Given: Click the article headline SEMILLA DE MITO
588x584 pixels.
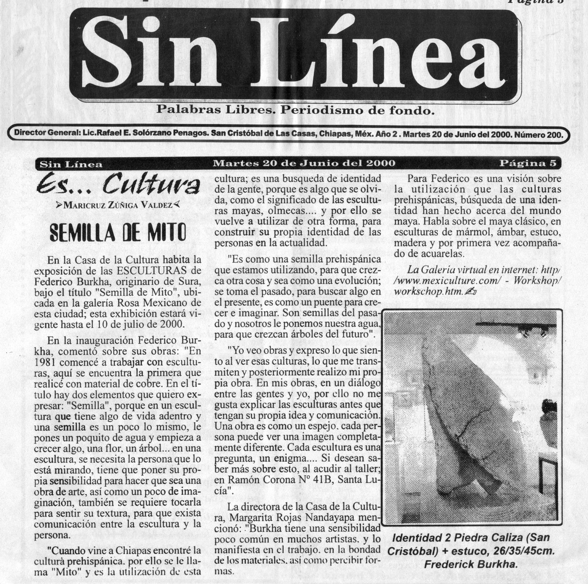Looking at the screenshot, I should [x=117, y=233].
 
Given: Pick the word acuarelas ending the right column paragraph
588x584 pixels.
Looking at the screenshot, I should [x=442, y=253].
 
